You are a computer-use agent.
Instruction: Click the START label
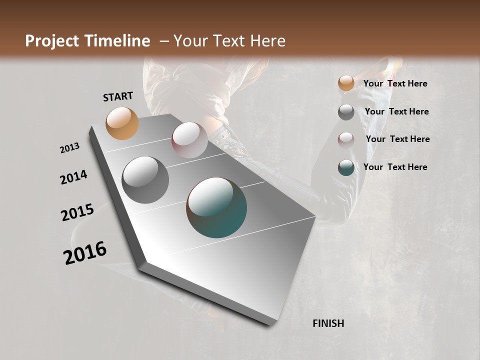pyautogui.click(x=118, y=96)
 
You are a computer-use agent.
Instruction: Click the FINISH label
pyautogui.click(x=328, y=323)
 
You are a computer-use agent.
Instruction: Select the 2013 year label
pyautogui.click(x=69, y=148)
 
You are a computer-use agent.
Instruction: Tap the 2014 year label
pyautogui.click(x=73, y=177)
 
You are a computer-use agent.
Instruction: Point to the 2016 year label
pyautogui.click(x=85, y=252)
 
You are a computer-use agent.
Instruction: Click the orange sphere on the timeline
pyautogui.click(x=122, y=123)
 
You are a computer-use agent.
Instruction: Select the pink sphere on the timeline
pyautogui.click(x=189, y=139)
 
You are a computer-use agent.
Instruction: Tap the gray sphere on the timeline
pyautogui.click(x=145, y=180)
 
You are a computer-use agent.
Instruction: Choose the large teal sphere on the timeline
pyautogui.click(x=216, y=207)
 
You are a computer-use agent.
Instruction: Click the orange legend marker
pyautogui.click(x=346, y=83)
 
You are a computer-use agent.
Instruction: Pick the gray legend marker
pyautogui.click(x=346, y=112)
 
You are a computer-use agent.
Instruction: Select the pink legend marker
pyautogui.click(x=346, y=139)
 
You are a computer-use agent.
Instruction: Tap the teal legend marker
pyautogui.click(x=346, y=167)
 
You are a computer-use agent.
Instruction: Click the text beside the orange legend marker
pyautogui.click(x=395, y=83)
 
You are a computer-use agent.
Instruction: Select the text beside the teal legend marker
pyautogui.click(x=395, y=167)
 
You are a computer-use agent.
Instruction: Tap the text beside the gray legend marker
pyautogui.click(x=396, y=111)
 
